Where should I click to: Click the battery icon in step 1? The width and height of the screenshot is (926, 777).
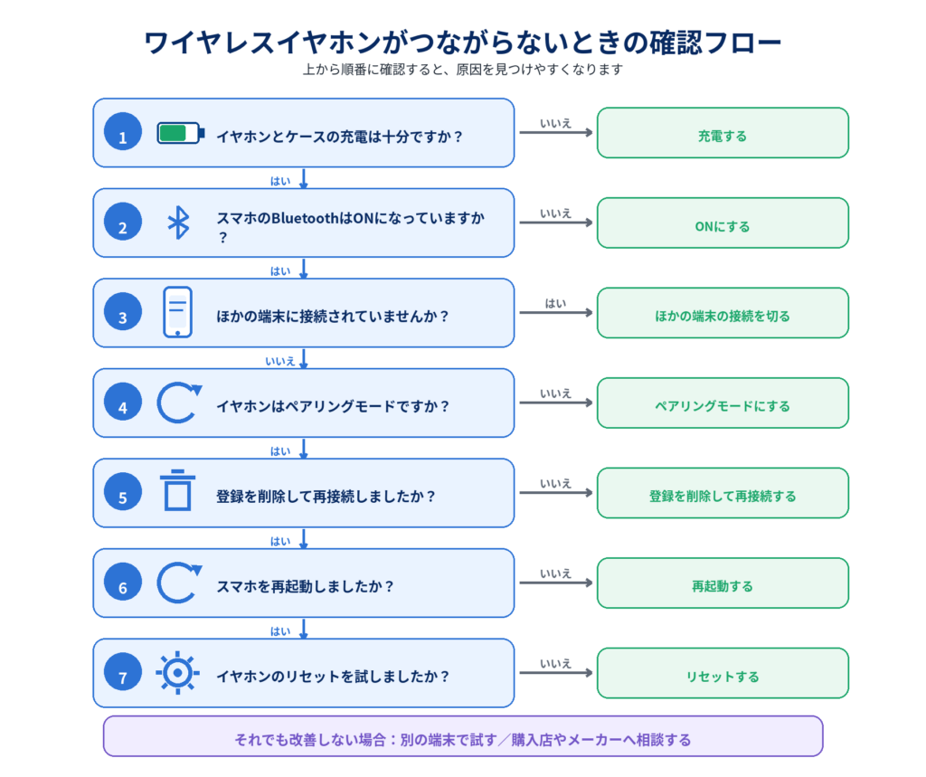tap(181, 133)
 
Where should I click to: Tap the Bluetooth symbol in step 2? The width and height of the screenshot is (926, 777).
tap(178, 223)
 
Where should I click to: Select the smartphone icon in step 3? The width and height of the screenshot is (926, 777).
tap(178, 312)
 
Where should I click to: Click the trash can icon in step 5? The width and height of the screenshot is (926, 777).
tap(178, 490)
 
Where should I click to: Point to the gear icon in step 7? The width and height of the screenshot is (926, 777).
tap(178, 673)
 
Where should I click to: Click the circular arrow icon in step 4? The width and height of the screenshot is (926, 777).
tap(158, 403)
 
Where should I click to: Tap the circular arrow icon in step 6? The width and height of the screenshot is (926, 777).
tap(158, 583)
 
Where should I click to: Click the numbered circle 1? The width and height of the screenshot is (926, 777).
tap(123, 131)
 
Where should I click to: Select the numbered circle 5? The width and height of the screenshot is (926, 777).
tap(123, 491)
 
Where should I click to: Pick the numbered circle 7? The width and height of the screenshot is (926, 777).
tap(123, 672)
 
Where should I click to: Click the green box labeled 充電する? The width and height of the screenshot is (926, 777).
tap(723, 133)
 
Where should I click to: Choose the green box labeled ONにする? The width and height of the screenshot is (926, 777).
tap(723, 223)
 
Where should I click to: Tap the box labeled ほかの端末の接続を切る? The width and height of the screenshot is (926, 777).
tap(723, 313)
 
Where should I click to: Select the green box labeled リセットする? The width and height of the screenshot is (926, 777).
tap(723, 673)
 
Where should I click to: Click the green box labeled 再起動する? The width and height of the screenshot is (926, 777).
tap(723, 583)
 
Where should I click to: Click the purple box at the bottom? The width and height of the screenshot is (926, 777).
tap(463, 736)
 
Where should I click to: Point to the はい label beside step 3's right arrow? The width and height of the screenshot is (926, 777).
tap(555, 303)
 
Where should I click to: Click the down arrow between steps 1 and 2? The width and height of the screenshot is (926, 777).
tap(304, 178)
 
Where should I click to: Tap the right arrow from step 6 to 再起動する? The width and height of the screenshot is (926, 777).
tap(556, 583)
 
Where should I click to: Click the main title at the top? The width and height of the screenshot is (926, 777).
tap(463, 42)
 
